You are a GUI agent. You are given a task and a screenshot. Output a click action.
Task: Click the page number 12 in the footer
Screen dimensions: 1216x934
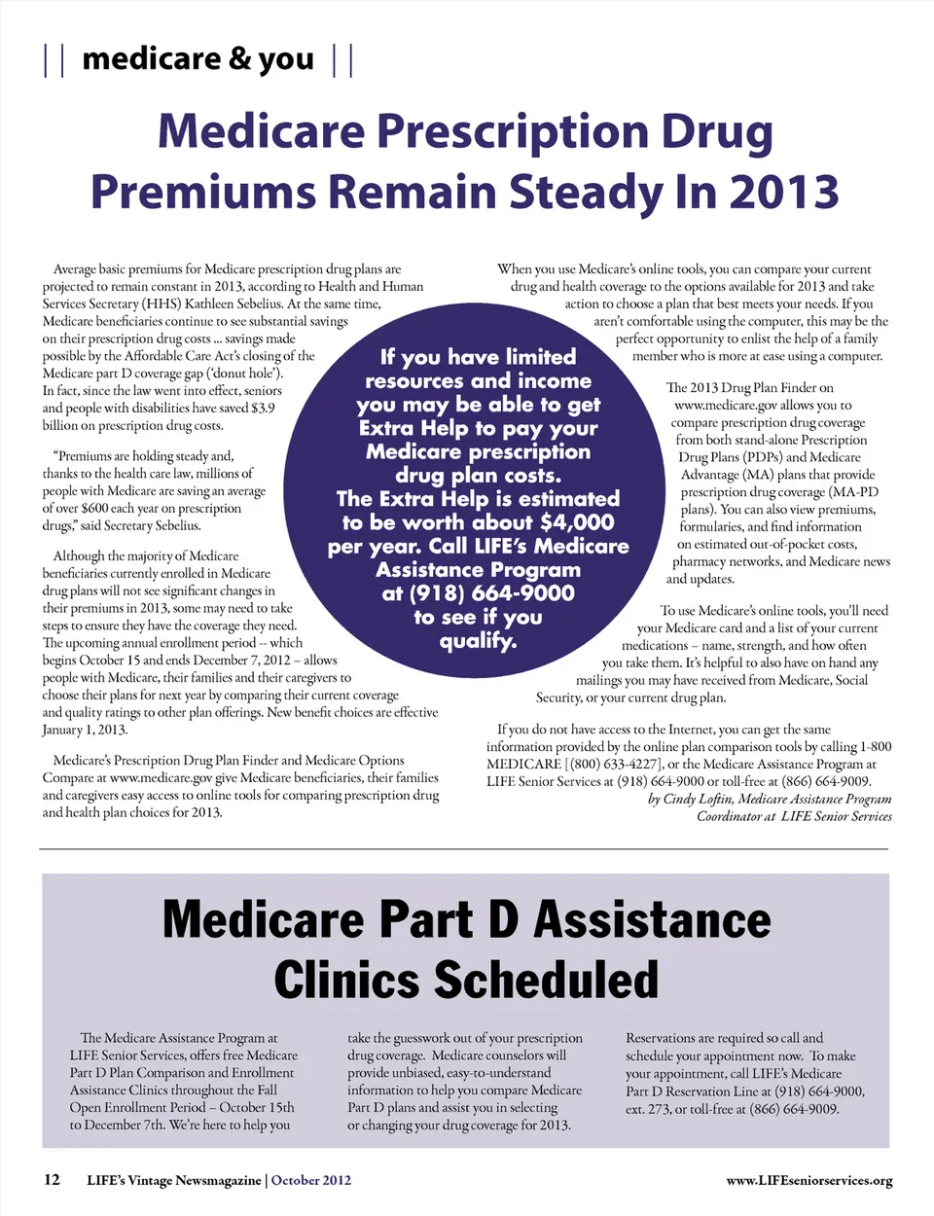coord(52,1180)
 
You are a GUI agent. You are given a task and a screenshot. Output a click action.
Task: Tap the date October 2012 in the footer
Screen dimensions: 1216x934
coord(310,1181)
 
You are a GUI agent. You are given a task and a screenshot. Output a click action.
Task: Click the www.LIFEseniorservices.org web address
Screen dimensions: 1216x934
coord(808,1181)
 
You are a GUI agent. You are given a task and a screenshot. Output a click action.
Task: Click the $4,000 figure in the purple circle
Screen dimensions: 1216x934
coord(577,522)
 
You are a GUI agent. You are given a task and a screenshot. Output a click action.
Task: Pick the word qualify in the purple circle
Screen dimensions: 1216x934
coord(477,641)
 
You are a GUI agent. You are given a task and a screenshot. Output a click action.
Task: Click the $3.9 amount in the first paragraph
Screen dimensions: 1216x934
coord(262,409)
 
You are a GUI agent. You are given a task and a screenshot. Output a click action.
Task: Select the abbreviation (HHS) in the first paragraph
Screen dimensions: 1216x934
coord(162,304)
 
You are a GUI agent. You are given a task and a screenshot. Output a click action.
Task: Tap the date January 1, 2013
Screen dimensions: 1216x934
coord(85,731)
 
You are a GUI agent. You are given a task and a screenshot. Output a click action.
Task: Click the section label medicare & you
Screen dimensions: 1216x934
coord(198,59)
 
